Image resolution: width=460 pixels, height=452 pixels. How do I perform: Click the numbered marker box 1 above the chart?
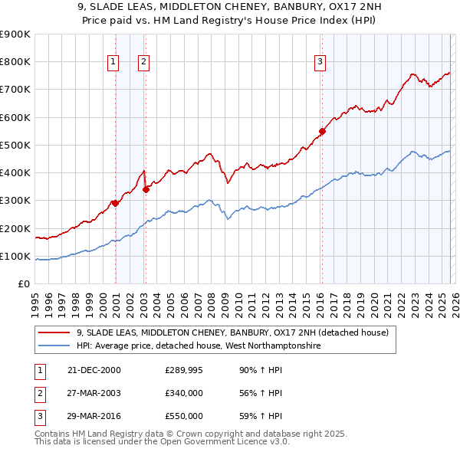point(113,62)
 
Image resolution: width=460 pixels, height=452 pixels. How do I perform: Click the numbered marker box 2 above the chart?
point(143,62)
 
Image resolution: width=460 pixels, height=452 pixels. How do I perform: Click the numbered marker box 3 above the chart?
point(320,62)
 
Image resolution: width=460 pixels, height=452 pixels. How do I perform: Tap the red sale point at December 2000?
point(115,203)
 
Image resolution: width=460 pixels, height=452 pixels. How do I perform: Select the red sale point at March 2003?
point(146,189)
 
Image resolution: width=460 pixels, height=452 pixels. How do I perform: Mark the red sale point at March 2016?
point(322,131)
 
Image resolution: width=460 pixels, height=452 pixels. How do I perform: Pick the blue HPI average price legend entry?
point(199,346)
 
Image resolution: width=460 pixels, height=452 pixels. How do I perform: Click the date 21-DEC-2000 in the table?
point(94,370)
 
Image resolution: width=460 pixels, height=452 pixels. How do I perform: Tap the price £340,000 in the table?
point(184,393)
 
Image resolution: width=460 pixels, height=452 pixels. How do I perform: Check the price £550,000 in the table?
point(184,416)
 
